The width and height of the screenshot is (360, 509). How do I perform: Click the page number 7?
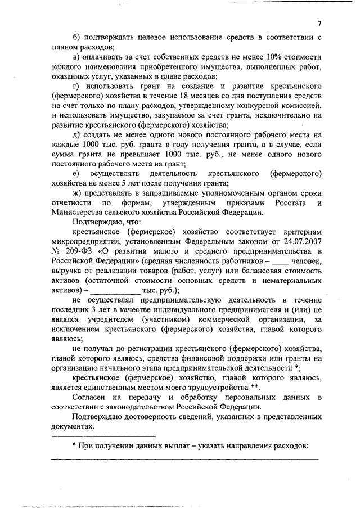coord(319,24)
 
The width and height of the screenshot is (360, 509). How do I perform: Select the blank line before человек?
coord(281,263)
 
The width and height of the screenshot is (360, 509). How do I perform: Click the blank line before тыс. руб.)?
coord(115,291)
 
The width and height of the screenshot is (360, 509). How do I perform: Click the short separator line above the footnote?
coord(103,436)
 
